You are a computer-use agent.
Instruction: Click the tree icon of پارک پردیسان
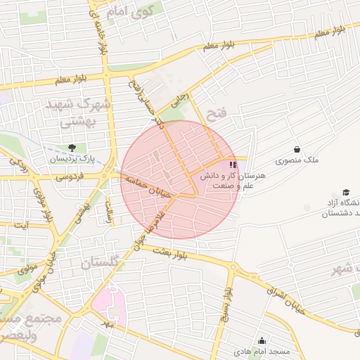72,148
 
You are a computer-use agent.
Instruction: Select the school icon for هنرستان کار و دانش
233,165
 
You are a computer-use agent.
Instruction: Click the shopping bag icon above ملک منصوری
297,149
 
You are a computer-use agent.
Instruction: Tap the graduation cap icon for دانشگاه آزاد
346,192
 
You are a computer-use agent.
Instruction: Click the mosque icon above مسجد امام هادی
263,340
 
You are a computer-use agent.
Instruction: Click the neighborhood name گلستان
106,264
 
